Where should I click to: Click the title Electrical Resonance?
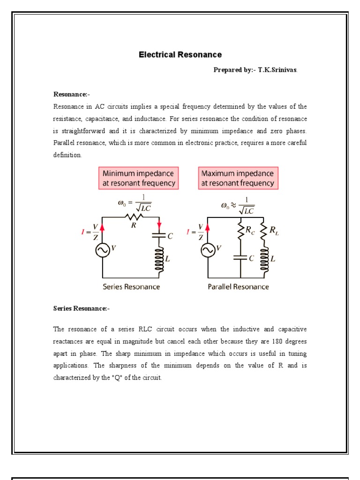point(180,55)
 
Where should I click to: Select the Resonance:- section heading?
point(71,94)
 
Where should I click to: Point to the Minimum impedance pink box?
point(139,178)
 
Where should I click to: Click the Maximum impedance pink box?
point(238,178)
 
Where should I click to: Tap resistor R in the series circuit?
point(134,217)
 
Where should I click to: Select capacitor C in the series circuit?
point(159,237)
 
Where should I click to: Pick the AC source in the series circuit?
point(103,251)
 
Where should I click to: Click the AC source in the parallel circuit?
point(208,251)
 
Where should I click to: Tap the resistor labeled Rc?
point(240,231)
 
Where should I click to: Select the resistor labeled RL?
point(263,231)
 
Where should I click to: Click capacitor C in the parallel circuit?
point(240,258)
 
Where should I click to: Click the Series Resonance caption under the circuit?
point(131,287)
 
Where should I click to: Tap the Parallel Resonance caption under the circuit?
point(238,287)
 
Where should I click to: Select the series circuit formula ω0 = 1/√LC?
point(134,202)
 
